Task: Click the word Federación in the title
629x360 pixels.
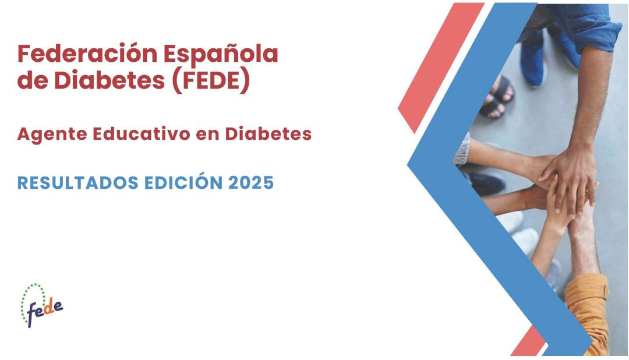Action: pos(87,54)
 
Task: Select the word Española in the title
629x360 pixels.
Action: pos(221,54)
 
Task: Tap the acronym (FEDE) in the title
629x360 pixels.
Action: pos(211,80)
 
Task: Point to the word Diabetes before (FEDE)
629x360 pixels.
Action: pos(109,80)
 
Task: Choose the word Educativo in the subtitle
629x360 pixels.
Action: pos(142,133)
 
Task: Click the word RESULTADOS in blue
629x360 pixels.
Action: pos(78,183)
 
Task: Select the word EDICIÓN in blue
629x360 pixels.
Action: pos(183,182)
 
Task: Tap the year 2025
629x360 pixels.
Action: pos(251,183)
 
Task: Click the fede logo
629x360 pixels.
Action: pos(42,305)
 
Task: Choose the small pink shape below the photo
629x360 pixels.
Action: pos(528,341)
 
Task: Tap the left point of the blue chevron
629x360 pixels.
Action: pos(408,164)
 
